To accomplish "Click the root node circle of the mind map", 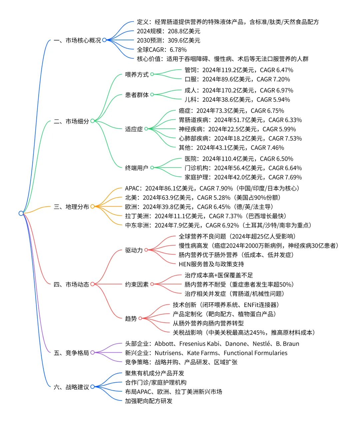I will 21,213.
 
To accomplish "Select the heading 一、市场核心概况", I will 77,40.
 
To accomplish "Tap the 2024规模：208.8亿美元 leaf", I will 168,31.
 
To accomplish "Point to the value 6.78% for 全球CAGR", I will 178,50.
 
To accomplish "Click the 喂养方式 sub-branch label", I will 137,74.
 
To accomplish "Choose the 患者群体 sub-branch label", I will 137,95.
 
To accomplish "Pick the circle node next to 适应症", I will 146,129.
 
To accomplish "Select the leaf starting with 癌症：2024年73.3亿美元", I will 231,111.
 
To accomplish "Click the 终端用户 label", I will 137,168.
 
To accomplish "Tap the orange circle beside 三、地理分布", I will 92,206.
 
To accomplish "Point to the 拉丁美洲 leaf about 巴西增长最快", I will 205,216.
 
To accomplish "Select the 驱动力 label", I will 134,250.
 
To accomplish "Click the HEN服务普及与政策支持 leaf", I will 211,264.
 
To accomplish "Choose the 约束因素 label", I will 137,284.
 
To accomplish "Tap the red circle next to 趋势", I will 140,318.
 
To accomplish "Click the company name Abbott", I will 164,344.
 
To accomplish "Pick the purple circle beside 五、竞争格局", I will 92,352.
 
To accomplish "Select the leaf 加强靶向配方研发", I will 149,401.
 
